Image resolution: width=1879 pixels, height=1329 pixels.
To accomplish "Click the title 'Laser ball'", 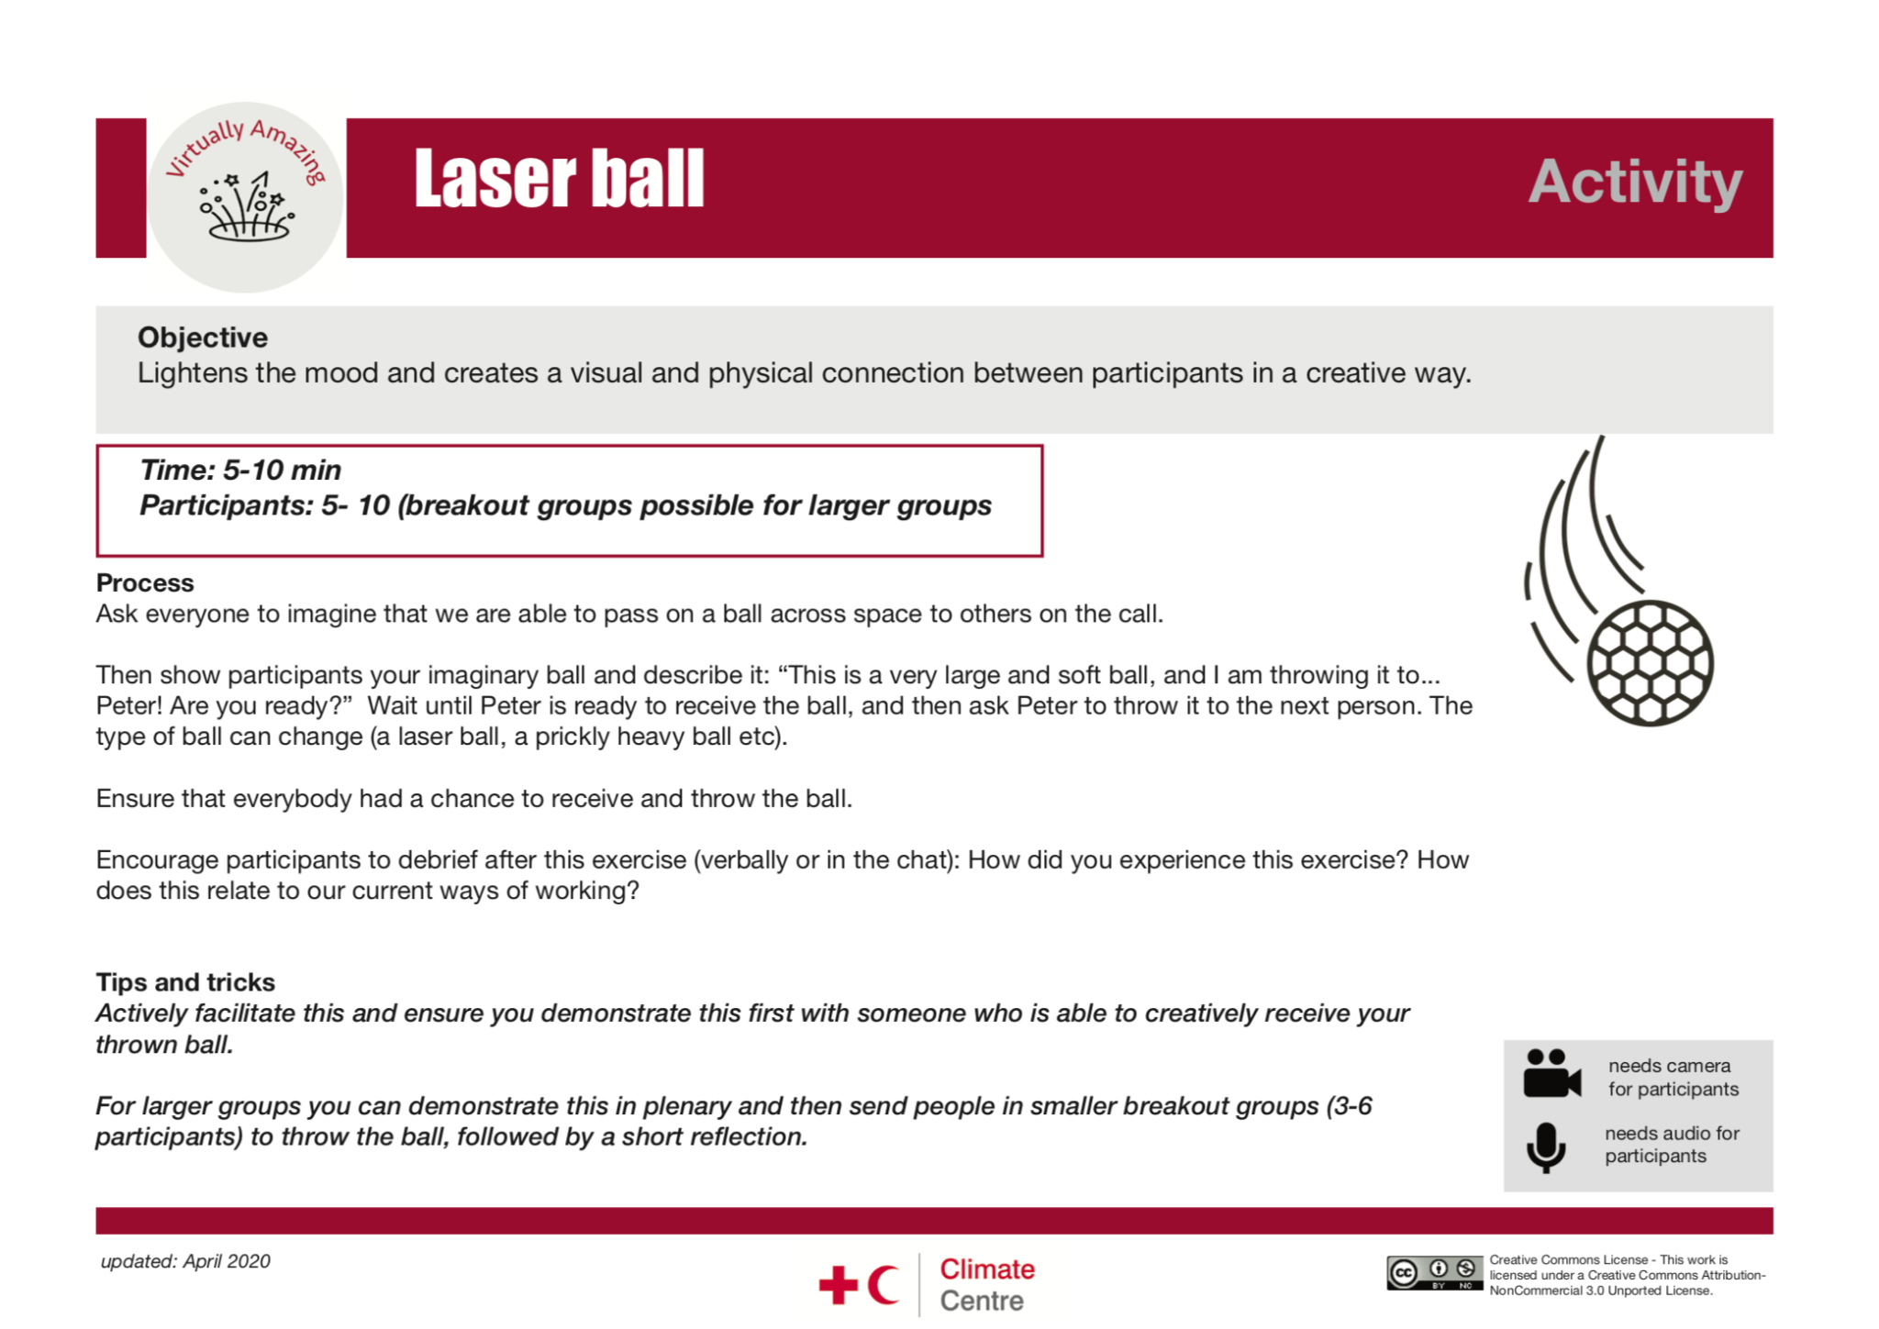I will (558, 180).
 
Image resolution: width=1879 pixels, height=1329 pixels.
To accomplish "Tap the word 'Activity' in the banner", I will (1634, 183).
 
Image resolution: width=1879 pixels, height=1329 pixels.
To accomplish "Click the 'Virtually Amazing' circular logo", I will (245, 197).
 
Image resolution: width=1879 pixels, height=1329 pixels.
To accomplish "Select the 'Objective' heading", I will (203, 338).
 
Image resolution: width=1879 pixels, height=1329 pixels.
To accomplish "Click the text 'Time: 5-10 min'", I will (240, 471).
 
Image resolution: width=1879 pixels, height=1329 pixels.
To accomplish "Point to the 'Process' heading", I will (145, 583).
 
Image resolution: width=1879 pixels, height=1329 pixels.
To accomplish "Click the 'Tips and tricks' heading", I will (185, 982).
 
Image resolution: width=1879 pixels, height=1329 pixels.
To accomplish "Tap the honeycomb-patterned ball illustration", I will (1649, 662).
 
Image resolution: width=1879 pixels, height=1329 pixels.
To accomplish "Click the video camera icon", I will (1551, 1074).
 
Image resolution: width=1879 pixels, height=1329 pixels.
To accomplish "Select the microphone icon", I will (1546, 1147).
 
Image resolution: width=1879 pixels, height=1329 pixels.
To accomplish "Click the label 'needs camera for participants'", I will (1672, 1078).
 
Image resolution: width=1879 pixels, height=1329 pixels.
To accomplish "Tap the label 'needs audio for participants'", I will (1671, 1145).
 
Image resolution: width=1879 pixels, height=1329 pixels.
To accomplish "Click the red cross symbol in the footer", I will (838, 1284).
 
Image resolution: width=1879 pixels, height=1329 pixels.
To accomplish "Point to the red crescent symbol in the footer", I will (883, 1284).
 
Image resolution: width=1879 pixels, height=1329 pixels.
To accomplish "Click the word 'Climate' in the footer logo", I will (986, 1269).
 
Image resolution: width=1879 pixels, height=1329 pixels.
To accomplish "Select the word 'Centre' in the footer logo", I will (981, 1301).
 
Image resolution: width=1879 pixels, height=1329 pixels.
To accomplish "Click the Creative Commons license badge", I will (1434, 1273).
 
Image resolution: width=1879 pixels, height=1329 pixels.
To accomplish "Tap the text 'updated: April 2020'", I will (185, 1261).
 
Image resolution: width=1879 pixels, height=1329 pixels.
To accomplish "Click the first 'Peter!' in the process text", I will (127, 706).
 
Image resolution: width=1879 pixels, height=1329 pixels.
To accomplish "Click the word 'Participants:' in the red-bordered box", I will (226, 506).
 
